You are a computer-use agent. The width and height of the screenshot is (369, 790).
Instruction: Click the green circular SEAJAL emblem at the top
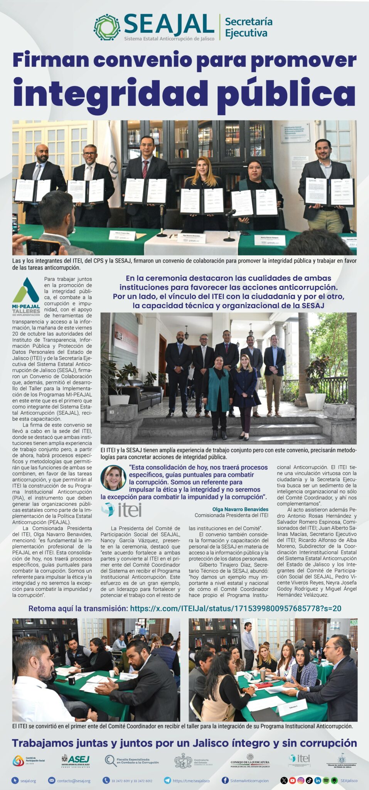(107, 27)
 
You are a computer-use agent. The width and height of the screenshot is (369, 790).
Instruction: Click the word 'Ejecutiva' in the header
(246, 34)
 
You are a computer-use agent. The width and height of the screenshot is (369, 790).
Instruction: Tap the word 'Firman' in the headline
(51, 60)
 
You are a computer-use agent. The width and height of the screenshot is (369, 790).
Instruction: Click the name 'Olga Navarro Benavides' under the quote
(240, 509)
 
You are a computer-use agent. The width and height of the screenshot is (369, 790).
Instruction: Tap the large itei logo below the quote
(121, 510)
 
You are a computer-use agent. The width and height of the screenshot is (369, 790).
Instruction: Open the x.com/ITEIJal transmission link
(236, 608)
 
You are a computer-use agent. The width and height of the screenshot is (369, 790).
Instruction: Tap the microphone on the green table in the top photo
(230, 212)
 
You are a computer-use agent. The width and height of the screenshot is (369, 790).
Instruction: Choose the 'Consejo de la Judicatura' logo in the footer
(250, 761)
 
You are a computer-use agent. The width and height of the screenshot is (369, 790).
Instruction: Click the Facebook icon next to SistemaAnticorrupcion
(225, 780)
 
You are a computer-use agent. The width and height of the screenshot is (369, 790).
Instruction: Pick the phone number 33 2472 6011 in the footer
(121, 781)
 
